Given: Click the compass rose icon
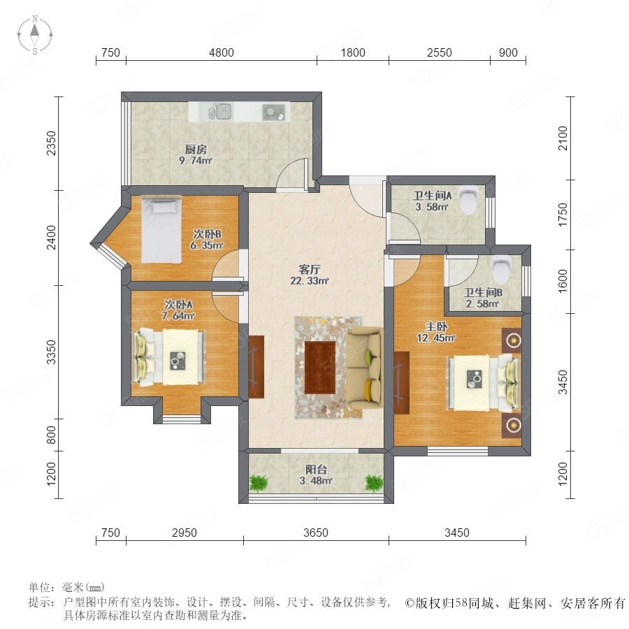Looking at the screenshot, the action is pyautogui.click(x=35, y=35).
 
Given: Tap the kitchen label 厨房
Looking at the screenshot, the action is pyautogui.click(x=196, y=150).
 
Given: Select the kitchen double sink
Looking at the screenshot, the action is pyautogui.click(x=219, y=111).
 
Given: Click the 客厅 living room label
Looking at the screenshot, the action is pyautogui.click(x=310, y=269).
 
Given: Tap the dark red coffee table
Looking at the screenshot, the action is pyautogui.click(x=319, y=368).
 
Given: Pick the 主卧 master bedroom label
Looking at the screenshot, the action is pyautogui.click(x=436, y=326).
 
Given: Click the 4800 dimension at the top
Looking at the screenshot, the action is pyautogui.click(x=222, y=52).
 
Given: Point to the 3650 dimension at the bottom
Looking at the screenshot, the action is pyautogui.click(x=316, y=533).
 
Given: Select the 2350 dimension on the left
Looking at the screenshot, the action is pyautogui.click(x=51, y=143).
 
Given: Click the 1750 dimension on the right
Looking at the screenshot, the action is pyautogui.click(x=563, y=215).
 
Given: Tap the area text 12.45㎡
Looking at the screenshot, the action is pyautogui.click(x=436, y=338).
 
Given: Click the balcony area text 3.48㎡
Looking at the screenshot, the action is pyautogui.click(x=316, y=480).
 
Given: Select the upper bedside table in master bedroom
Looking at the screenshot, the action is pyautogui.click(x=512, y=341).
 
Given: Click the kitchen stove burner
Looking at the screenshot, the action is pyautogui.click(x=273, y=112).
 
